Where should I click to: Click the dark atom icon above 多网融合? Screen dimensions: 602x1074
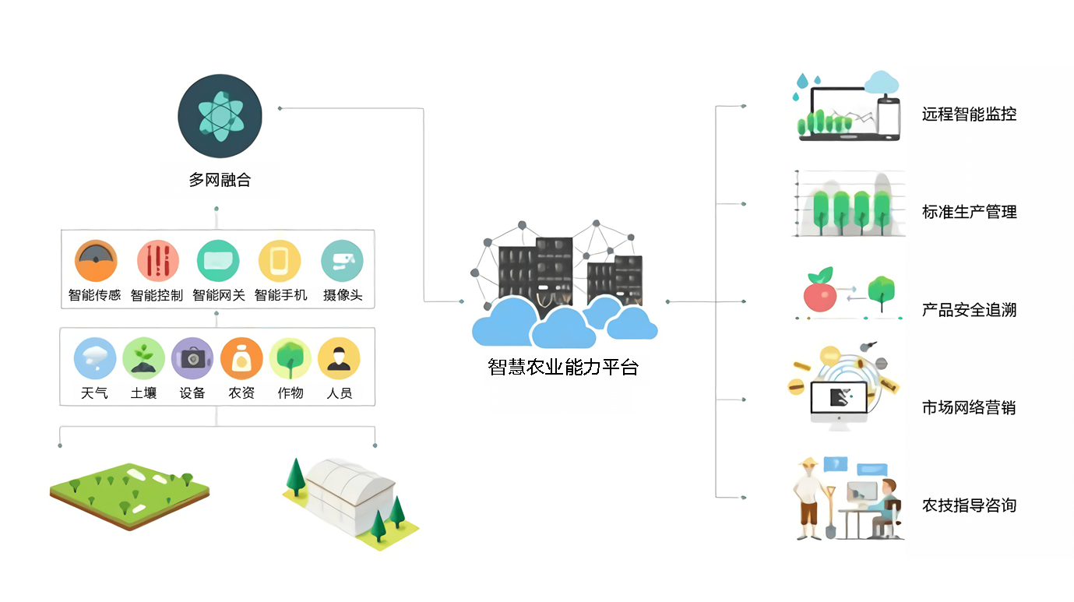220,115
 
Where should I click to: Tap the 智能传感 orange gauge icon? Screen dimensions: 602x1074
96,261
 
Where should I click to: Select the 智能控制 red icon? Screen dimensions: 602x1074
157,261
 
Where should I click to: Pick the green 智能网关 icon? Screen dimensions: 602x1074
218,261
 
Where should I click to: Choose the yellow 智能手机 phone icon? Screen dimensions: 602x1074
280,261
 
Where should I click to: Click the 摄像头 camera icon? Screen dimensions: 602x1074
343,261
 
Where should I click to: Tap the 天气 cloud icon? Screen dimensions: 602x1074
95,358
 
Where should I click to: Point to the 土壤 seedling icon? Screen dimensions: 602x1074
143,358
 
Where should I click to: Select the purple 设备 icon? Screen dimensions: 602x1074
192,358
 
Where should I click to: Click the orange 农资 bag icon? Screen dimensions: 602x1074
241,358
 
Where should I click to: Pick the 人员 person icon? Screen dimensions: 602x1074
339,358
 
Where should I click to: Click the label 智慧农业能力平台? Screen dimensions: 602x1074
562,368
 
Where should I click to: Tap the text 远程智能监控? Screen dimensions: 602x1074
969,114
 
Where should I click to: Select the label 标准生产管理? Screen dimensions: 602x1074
969,212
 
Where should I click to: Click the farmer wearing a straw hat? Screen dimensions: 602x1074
809,498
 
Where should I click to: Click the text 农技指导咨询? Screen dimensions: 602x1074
969,505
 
